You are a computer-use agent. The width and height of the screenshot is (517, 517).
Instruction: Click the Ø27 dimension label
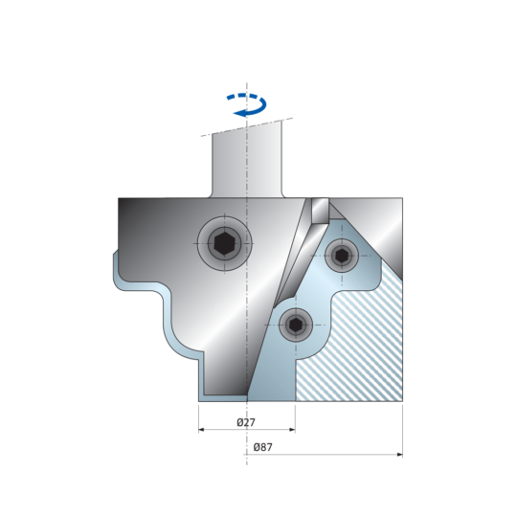(x=246, y=422)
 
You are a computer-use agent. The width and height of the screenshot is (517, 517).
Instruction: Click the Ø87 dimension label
(x=262, y=447)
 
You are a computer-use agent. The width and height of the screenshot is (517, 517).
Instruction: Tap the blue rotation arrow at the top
(x=247, y=105)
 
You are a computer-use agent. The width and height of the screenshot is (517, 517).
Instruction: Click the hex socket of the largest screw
(x=224, y=244)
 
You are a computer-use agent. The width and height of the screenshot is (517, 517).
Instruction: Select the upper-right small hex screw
(x=342, y=256)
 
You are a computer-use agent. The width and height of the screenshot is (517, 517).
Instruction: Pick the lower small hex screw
(x=296, y=326)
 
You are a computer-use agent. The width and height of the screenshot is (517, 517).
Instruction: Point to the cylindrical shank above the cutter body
(x=247, y=162)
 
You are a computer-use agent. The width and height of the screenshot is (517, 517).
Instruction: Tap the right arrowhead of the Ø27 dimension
(x=292, y=430)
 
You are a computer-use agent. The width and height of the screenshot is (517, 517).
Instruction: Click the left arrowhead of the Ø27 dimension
(x=202, y=430)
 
